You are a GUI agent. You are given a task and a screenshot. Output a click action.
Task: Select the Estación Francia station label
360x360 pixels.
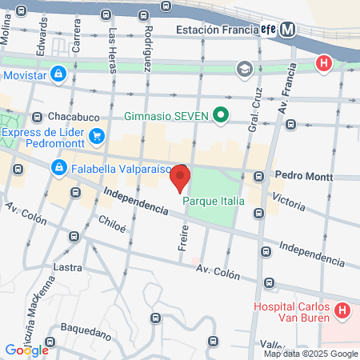214,30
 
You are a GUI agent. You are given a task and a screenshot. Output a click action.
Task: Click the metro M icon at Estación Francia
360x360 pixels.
288,30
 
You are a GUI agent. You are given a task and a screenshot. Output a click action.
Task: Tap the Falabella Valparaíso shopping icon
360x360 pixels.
58,168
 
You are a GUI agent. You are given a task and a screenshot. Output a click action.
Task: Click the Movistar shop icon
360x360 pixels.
58,75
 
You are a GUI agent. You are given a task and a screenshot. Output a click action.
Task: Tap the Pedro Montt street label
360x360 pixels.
297,174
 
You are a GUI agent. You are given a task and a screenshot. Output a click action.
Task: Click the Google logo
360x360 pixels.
26,350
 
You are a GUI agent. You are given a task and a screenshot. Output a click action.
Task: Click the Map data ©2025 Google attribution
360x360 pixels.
311,354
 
